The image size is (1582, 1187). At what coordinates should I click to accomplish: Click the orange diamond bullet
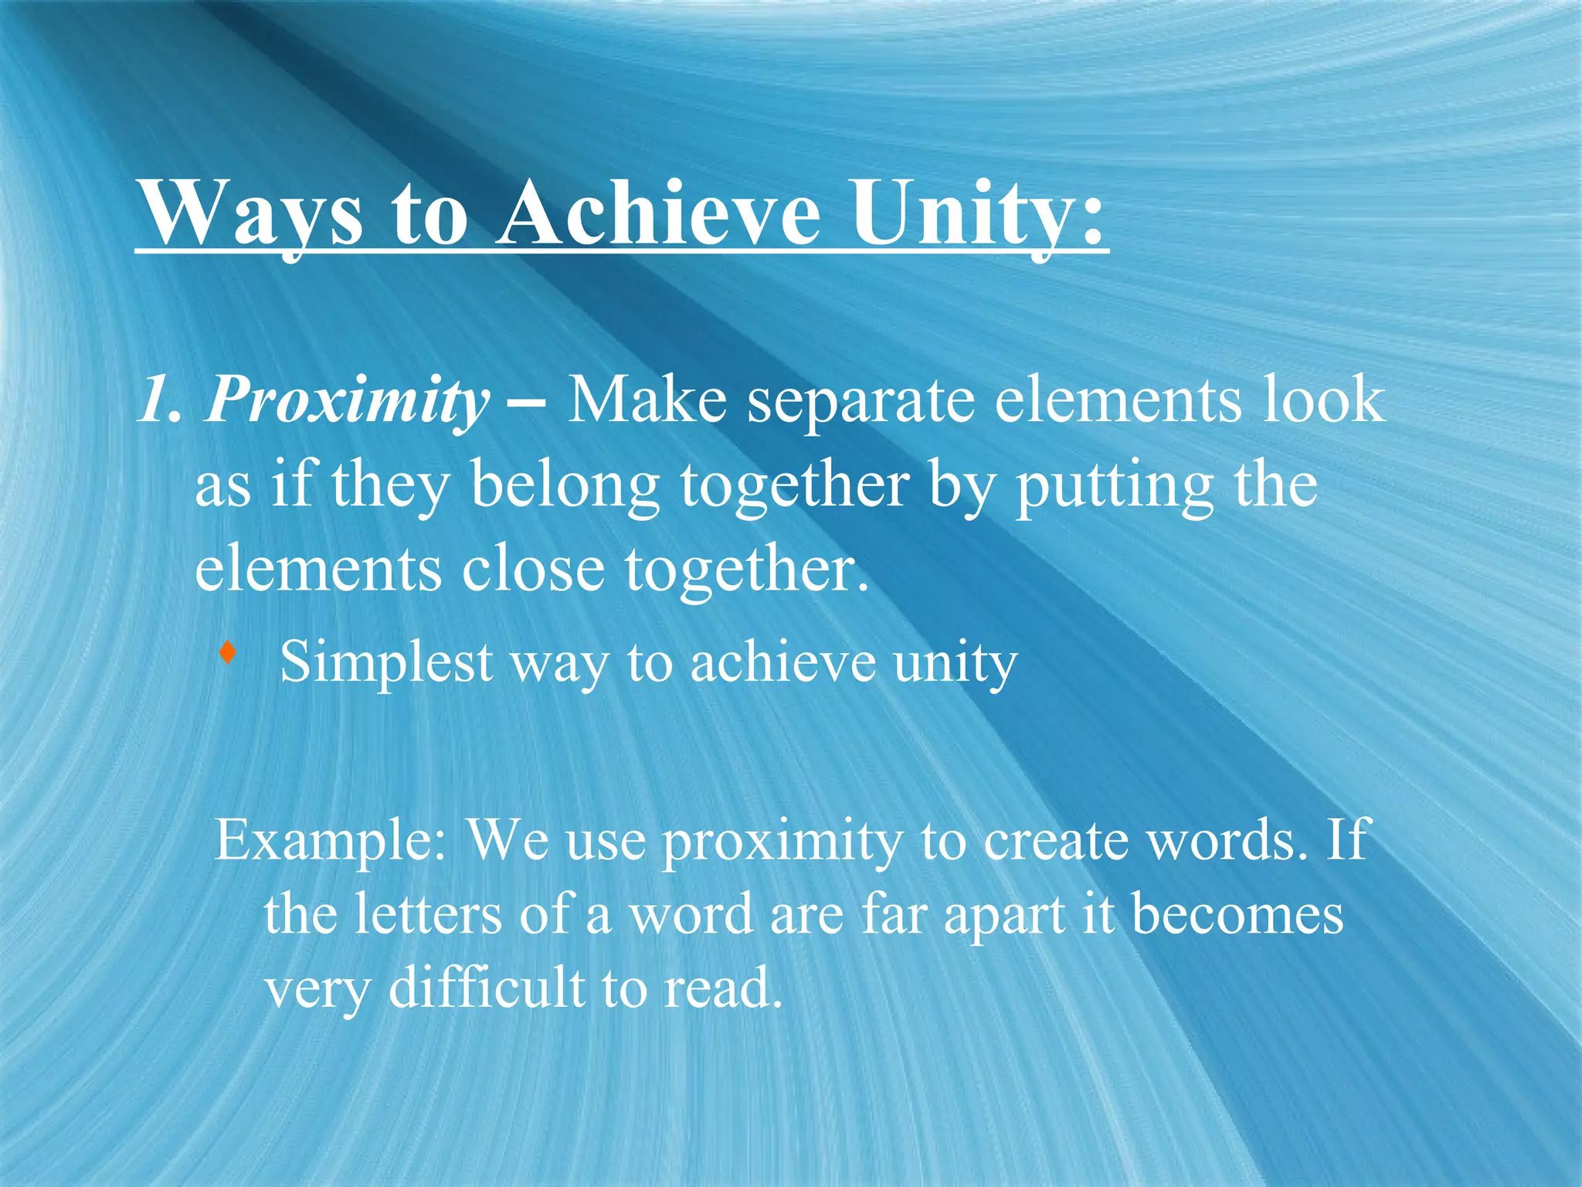(227, 653)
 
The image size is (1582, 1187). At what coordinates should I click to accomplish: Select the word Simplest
(386, 663)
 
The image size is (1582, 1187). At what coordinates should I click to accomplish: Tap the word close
(533, 569)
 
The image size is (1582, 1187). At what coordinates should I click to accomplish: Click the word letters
(428, 914)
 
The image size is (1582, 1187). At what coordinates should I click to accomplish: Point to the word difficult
(486, 988)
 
